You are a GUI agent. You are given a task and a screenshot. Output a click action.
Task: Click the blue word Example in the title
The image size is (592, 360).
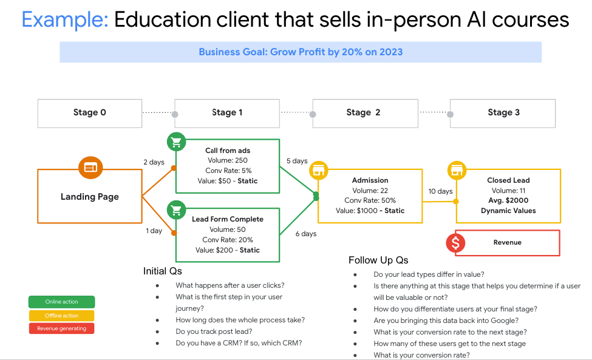[x=65, y=19]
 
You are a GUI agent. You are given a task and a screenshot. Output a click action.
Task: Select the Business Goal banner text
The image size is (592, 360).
[x=301, y=52]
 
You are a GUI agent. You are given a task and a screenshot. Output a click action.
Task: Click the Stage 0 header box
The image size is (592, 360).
[x=90, y=113]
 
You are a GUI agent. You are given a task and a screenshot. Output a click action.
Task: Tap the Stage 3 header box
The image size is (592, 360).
[x=503, y=113]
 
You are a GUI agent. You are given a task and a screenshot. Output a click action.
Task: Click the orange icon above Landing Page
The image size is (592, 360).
[x=90, y=168]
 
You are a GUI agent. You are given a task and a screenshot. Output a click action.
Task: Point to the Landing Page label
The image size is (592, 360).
[x=90, y=197]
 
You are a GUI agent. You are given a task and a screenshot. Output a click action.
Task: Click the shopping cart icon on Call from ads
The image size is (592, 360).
[x=176, y=142]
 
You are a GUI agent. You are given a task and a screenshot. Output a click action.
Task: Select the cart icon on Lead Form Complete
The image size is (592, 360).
[x=176, y=210]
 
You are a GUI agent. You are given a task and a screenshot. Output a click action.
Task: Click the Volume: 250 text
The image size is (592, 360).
[x=228, y=160]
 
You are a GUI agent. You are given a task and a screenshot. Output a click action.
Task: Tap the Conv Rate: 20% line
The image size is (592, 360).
[x=228, y=240]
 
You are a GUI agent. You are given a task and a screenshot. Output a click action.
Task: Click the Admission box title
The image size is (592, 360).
[x=370, y=180]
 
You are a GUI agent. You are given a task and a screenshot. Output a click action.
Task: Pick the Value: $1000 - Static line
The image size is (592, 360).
[x=370, y=211]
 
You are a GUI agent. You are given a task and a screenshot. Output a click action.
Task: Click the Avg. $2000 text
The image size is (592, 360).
[x=508, y=200]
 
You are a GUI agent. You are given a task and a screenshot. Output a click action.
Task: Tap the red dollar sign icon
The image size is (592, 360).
[x=456, y=243]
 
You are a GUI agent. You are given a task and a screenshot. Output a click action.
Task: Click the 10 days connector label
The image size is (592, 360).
[x=440, y=191]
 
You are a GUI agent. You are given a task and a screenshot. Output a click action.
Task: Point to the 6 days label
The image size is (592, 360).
[x=306, y=234]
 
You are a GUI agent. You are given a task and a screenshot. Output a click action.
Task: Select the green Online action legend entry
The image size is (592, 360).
[x=61, y=302]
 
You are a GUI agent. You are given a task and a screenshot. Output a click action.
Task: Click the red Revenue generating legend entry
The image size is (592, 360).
[x=61, y=328]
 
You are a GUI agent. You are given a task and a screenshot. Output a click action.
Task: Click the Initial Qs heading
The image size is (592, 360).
[x=162, y=271]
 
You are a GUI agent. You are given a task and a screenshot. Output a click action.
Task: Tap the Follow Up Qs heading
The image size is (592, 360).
[x=378, y=260]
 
